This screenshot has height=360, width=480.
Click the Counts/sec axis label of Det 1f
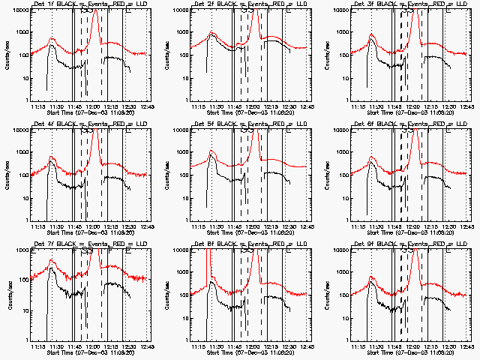(x=7, y=55)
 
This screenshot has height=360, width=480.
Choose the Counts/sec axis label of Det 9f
(x=328, y=295)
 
